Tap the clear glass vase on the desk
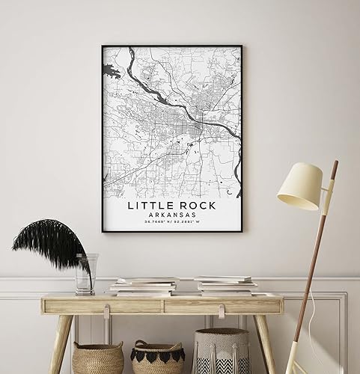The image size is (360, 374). pos(85,274)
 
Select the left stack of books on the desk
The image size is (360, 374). pos(144,285)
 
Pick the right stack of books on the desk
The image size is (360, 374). pos(224,285)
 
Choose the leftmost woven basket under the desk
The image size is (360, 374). pos(97,358)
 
